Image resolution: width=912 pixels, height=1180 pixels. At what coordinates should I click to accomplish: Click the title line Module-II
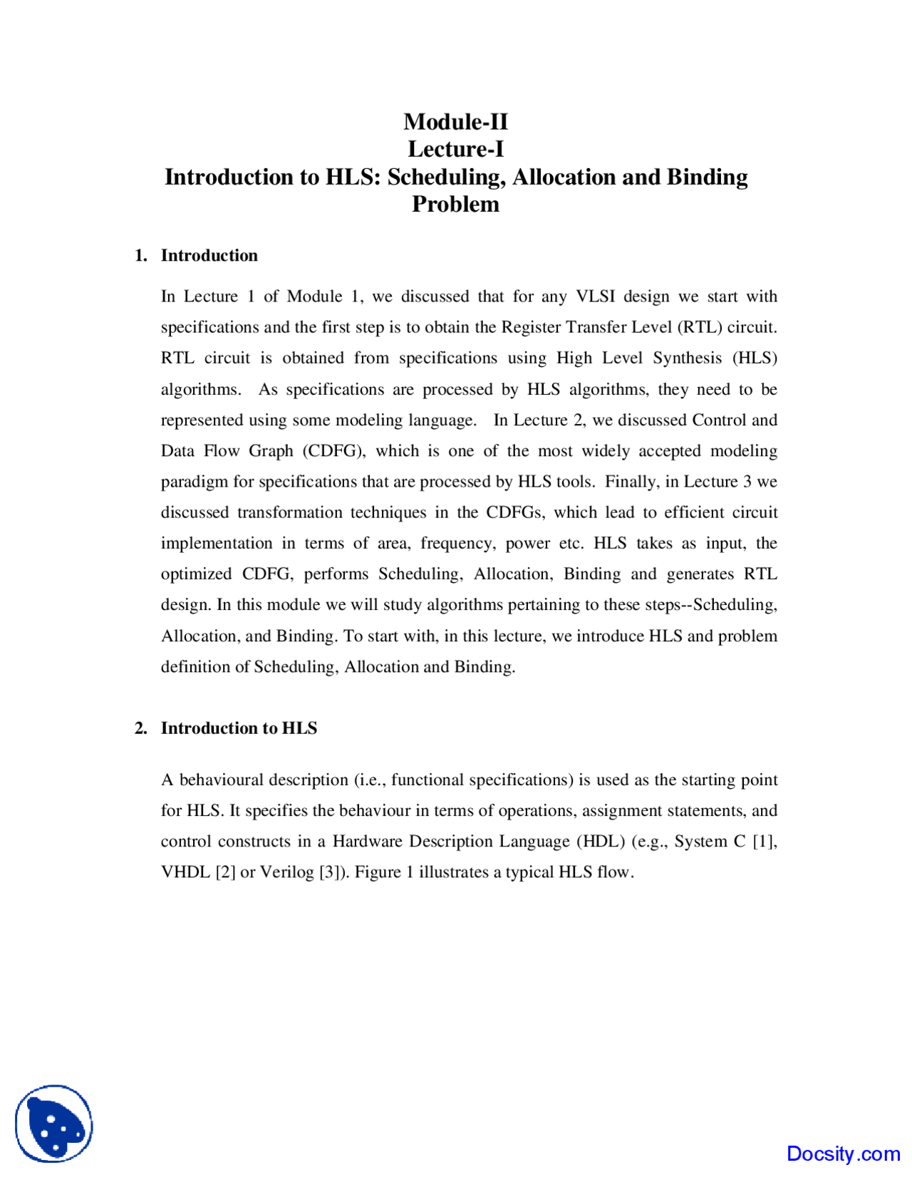coord(455,122)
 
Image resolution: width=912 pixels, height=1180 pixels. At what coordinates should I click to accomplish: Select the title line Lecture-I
coord(455,149)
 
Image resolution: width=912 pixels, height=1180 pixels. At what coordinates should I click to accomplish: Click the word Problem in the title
coord(455,205)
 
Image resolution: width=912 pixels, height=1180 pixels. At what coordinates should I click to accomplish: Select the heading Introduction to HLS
coord(239,728)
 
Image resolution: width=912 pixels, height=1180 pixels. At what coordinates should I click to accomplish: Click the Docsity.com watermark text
coord(843,1154)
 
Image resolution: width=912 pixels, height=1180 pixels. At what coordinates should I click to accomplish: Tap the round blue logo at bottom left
coord(54,1124)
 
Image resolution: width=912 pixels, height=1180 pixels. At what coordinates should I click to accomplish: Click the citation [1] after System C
coord(764,842)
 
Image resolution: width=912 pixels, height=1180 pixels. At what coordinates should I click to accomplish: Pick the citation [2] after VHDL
coord(225,872)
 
